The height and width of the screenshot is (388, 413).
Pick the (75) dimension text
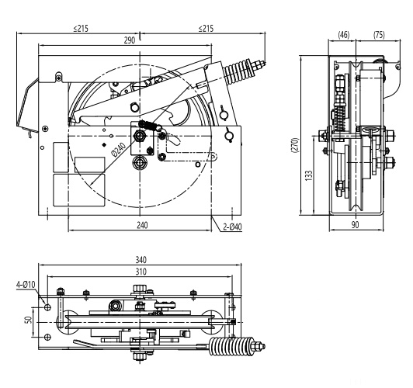(378, 34)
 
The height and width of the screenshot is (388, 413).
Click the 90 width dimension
(355, 224)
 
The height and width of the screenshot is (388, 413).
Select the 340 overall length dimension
(141, 261)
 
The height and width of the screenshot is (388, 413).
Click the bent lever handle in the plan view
(97, 341)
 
